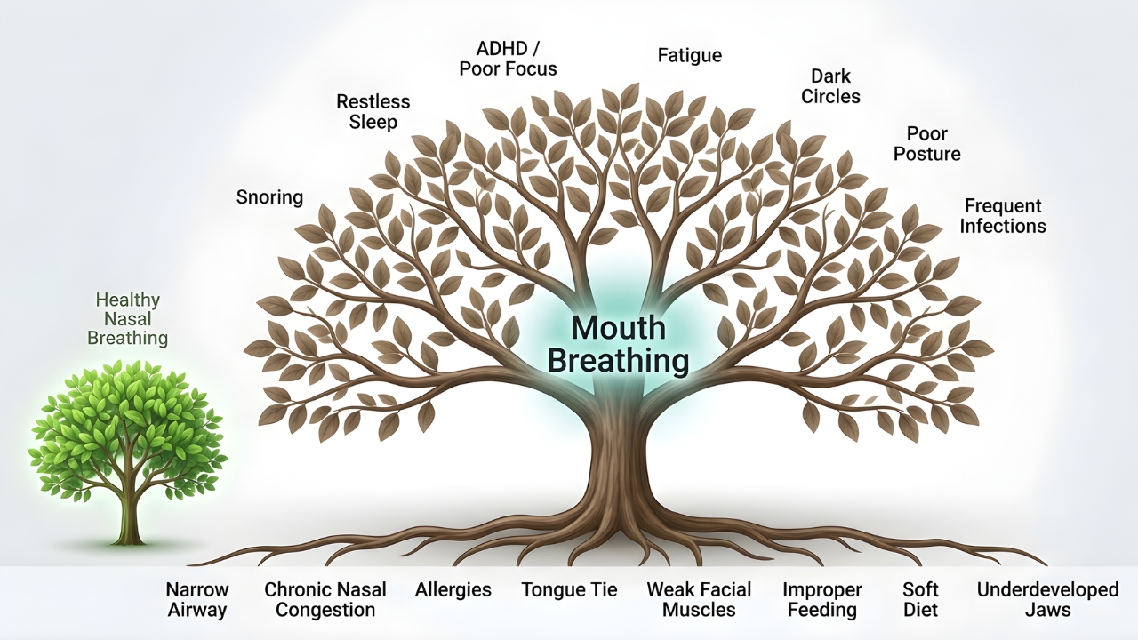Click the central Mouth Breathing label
point(618,345)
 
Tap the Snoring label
point(269,197)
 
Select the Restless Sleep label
point(373,112)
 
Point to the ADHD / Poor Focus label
point(508,58)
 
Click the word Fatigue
point(689,55)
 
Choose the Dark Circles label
point(830,86)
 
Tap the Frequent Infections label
point(1002,216)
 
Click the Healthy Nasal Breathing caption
point(132,319)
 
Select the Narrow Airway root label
point(196,600)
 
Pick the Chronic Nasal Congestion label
point(325,600)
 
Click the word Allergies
point(453,590)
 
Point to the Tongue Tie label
point(569,590)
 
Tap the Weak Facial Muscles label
point(699,600)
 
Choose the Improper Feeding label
point(822,600)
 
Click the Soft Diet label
point(920,600)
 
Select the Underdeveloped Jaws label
point(1047,600)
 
